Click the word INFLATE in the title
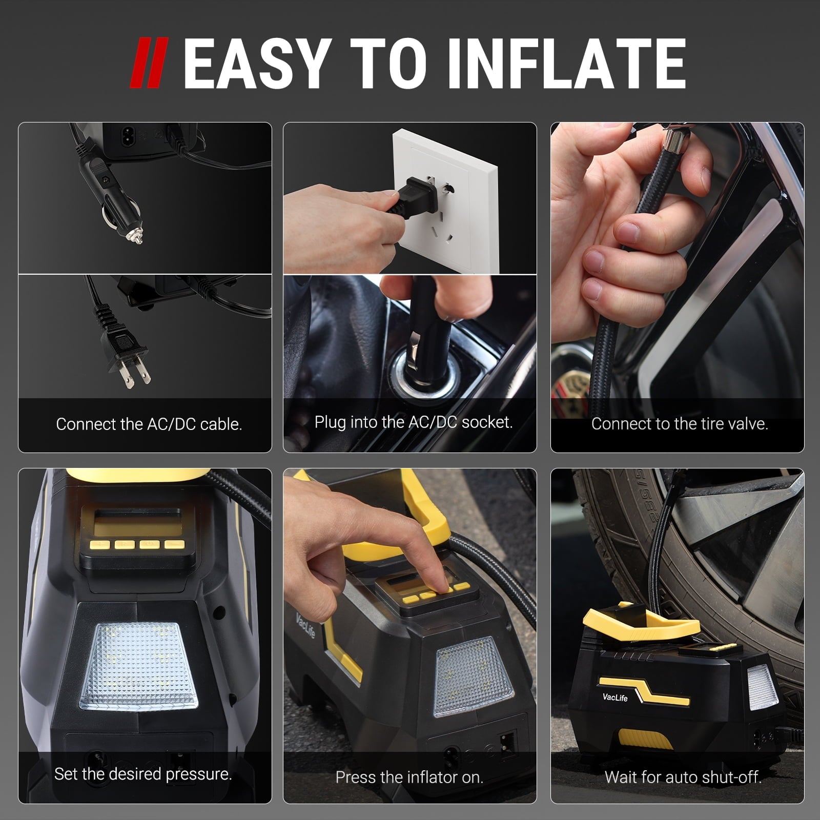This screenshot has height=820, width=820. (566, 65)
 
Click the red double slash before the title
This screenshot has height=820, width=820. (148, 65)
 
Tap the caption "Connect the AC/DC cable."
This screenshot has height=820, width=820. (149, 424)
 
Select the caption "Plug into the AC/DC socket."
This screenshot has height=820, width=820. (414, 422)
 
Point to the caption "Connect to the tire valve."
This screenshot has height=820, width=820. (680, 424)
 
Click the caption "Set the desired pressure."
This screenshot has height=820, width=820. (143, 774)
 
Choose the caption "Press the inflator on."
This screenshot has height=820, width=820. (409, 777)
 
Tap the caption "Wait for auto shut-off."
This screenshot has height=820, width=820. (683, 777)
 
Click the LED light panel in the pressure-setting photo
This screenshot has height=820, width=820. (138, 665)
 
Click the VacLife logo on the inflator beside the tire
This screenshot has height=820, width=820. (615, 697)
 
